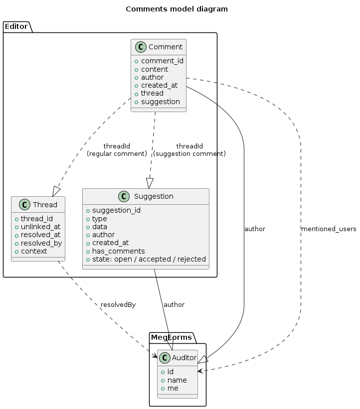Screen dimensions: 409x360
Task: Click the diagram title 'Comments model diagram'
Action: point(177,9)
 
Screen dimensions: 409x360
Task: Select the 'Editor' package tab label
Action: point(16,26)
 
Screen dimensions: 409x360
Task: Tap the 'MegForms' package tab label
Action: point(172,337)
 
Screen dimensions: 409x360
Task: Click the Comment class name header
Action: point(166,47)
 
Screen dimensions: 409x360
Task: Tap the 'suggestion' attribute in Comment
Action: point(160,102)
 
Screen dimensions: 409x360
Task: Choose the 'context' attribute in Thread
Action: point(33,251)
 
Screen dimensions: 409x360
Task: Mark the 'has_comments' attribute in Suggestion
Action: point(118,251)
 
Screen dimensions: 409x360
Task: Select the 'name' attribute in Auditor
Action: point(177,380)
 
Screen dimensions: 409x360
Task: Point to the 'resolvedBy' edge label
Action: point(118,304)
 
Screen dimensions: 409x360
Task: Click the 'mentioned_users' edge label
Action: point(329,229)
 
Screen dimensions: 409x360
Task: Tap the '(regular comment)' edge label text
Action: point(117,154)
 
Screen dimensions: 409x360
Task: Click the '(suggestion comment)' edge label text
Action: point(189,154)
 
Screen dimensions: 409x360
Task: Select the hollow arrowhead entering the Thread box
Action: point(56,191)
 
